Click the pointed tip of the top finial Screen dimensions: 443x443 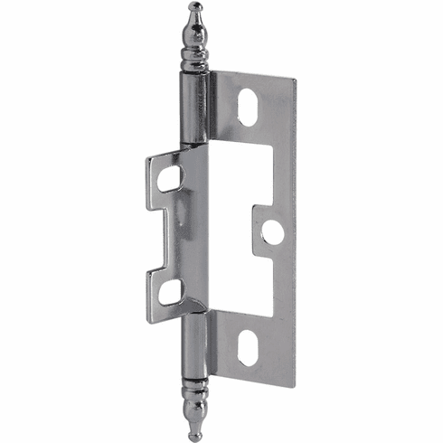[x=194, y=5]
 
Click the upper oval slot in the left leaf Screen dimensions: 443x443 [x=170, y=178]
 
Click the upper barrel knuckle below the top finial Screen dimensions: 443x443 [x=194, y=108]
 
